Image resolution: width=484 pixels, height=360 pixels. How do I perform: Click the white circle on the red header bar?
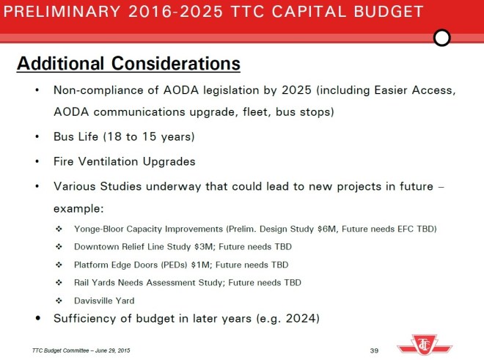pyautogui.click(x=442, y=37)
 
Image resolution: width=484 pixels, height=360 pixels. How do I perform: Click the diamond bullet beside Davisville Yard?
pyautogui.click(x=59, y=300)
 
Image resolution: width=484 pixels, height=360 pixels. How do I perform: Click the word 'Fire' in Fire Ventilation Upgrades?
pyautogui.click(x=65, y=161)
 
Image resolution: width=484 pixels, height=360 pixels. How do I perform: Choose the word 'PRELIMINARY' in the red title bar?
pyautogui.click(x=58, y=12)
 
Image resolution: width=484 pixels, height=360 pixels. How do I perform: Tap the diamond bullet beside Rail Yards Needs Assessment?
pyautogui.click(x=59, y=282)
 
